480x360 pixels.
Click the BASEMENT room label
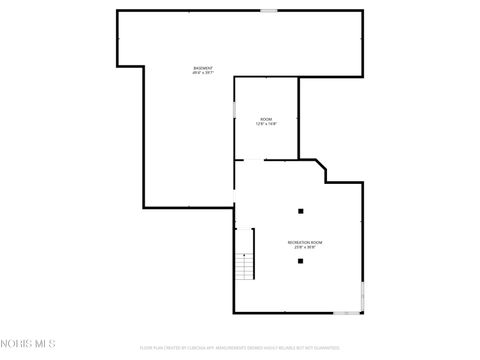pyautogui.click(x=203, y=68)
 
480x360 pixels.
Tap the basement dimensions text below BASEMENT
pyautogui.click(x=203, y=73)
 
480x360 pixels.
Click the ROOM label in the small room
pyautogui.click(x=266, y=119)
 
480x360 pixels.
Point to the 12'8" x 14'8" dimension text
pyautogui.click(x=266, y=124)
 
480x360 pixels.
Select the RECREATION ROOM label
pyautogui.click(x=305, y=242)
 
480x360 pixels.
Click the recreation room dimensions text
pyautogui.click(x=305, y=247)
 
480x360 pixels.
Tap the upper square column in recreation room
pyautogui.click(x=300, y=211)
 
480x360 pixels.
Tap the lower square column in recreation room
pyautogui.click(x=300, y=261)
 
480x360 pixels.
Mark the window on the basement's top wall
pyautogui.click(x=269, y=11)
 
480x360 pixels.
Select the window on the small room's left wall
pyautogui.click(x=234, y=110)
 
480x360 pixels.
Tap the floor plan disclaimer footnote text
pyautogui.click(x=240, y=348)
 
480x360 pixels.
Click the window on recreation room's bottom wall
pyautogui.click(x=346, y=313)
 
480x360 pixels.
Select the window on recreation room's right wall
pyautogui.click(x=362, y=295)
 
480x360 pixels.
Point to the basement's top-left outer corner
pyautogui.click(x=118, y=11)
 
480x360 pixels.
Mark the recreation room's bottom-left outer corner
pyautogui.click(x=235, y=313)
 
